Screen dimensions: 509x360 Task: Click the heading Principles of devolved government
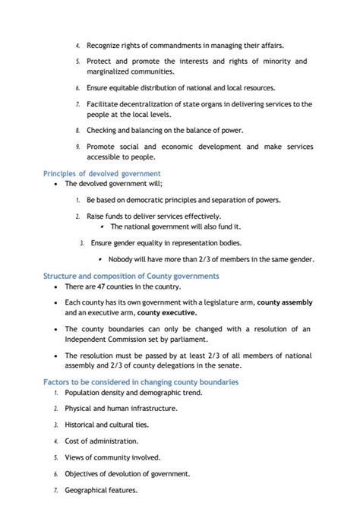click(x=101, y=173)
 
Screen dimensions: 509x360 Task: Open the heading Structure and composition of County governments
click(x=131, y=276)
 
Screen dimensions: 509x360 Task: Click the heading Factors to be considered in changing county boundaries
click(x=141, y=381)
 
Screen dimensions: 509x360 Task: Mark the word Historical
click(x=83, y=425)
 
